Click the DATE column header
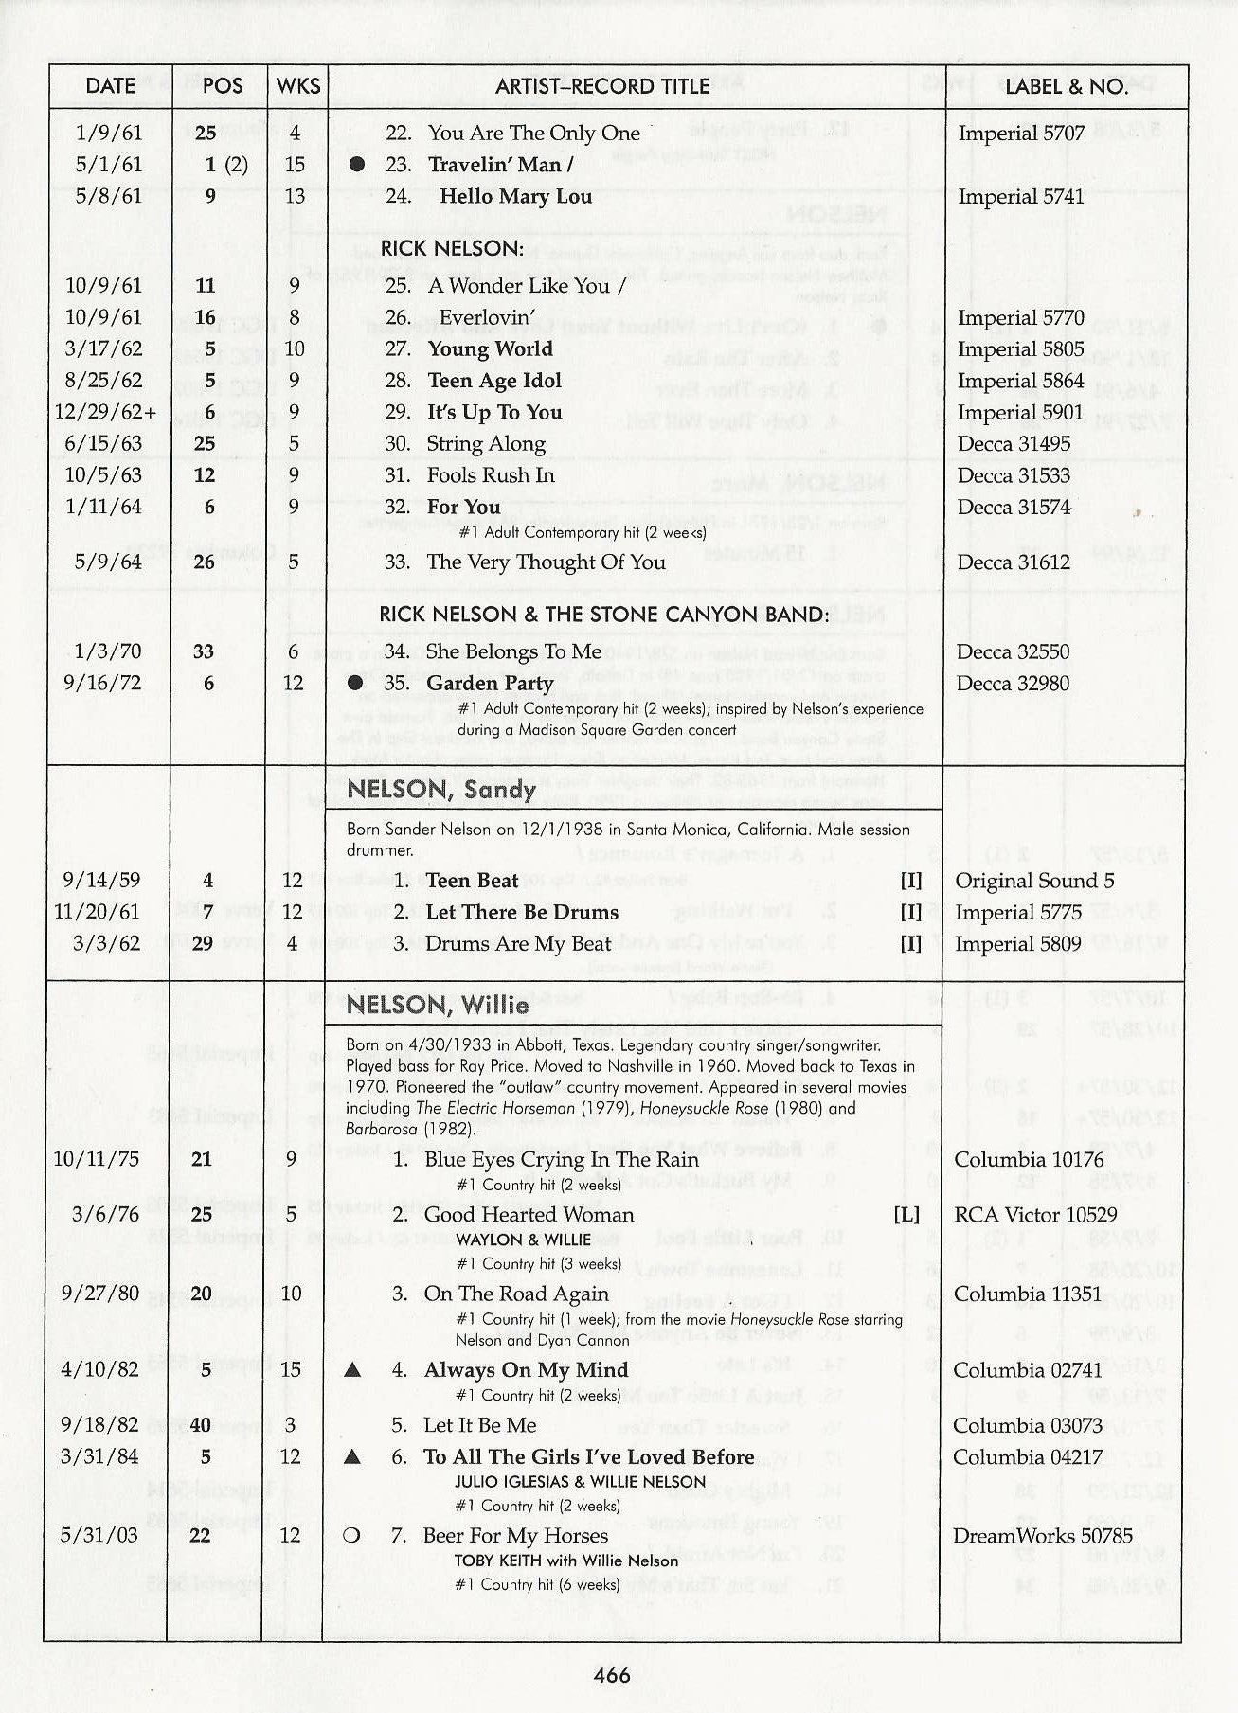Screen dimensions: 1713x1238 [x=110, y=85]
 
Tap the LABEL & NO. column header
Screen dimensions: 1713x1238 [x=1066, y=86]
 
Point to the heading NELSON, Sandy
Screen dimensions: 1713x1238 [x=441, y=790]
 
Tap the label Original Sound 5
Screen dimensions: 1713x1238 [x=1034, y=881]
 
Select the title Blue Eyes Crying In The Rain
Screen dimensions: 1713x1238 [x=561, y=1160]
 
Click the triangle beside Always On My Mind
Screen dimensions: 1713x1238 [x=352, y=1370]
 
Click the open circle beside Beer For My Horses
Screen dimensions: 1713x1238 [x=351, y=1536]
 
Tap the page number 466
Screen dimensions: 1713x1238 [x=612, y=1674]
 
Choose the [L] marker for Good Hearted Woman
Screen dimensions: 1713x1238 [x=906, y=1215]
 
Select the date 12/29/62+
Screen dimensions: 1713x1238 [x=105, y=413]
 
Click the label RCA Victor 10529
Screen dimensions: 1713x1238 [x=1035, y=1215]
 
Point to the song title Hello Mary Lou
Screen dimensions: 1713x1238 [x=515, y=197]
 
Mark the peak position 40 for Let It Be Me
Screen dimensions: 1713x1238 [x=201, y=1425]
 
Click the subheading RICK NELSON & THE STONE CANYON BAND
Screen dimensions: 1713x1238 [x=604, y=615]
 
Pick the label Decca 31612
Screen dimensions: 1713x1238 [x=1014, y=562]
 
